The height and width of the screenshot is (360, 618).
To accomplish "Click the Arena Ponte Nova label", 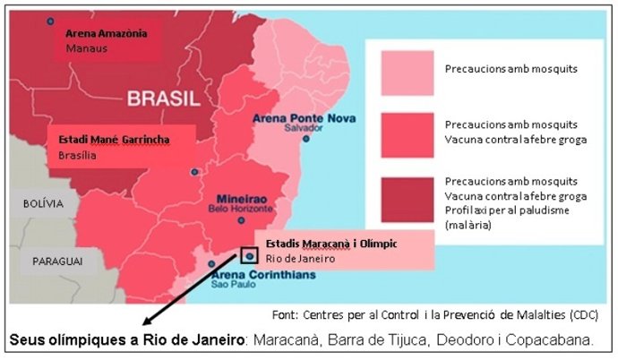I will [305, 117].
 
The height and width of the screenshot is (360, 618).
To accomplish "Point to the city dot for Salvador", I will [306, 139].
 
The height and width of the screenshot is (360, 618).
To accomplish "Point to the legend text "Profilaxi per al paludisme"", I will [506, 211].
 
